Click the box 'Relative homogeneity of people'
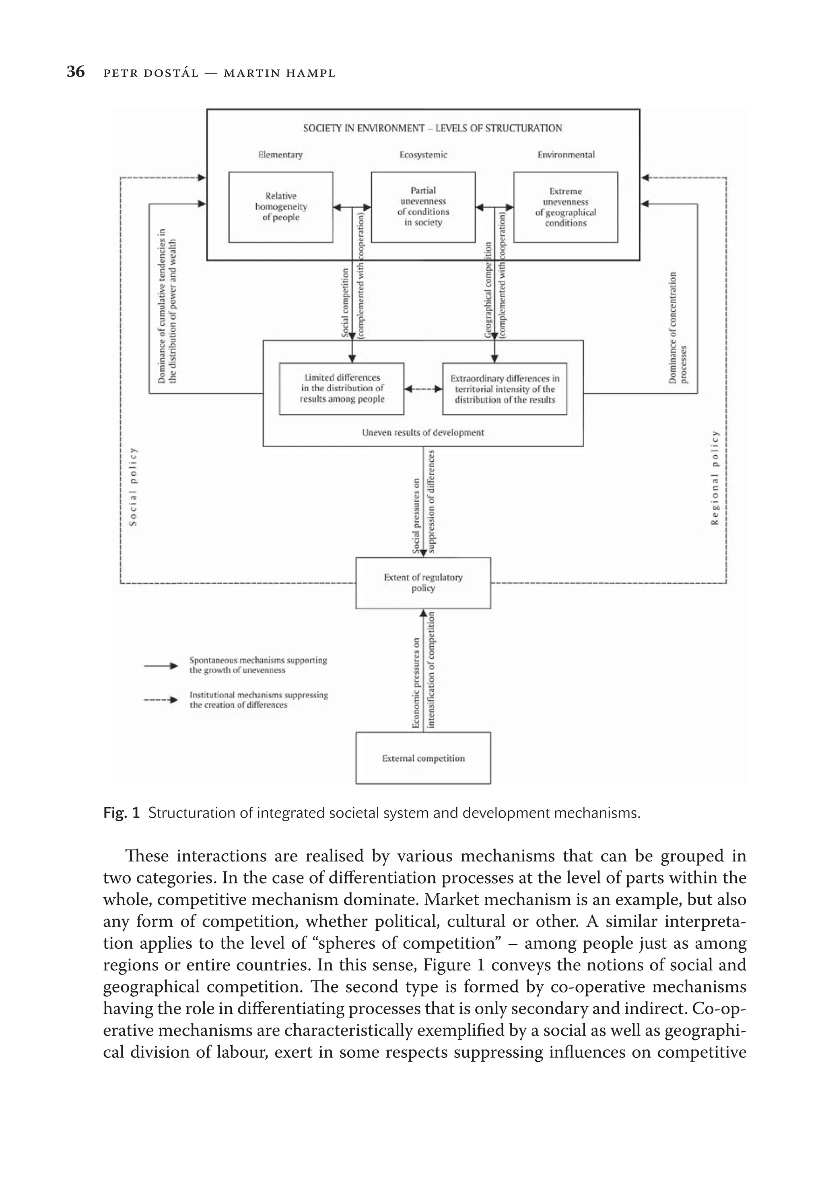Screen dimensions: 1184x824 tap(280, 207)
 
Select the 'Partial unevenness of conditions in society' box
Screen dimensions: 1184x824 tap(422, 207)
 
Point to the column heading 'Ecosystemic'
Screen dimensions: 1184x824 tap(422, 155)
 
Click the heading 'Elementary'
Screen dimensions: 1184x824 tap(280, 155)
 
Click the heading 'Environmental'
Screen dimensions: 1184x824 tap(566, 155)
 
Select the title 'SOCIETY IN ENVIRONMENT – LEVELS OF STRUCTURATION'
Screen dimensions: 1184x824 tap(432, 128)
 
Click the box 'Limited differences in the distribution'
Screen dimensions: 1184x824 tap(342, 388)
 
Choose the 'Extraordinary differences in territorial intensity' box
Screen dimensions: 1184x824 tap(504, 389)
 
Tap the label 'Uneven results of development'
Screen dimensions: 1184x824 tap(422, 433)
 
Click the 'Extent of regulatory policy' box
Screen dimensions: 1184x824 tap(422, 583)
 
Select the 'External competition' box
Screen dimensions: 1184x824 tap(422, 758)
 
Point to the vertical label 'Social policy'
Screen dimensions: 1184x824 tap(134, 486)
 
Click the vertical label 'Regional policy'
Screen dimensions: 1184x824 tap(714, 477)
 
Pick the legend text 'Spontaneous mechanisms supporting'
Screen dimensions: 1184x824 tap(257, 661)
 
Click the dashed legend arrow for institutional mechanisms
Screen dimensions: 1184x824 tap(161, 700)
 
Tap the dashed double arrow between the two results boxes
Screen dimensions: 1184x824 tap(422, 389)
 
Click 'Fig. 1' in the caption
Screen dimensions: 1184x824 tap(121, 813)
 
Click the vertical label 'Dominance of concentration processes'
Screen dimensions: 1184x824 tap(678, 328)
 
